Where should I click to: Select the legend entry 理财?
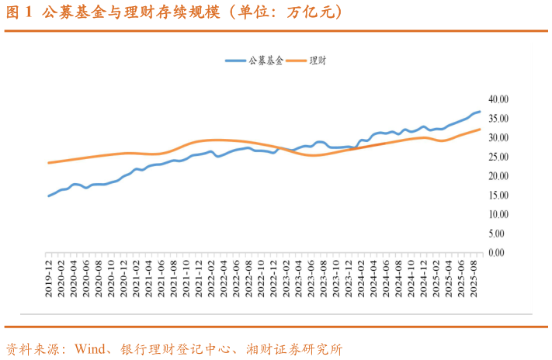point(318,61)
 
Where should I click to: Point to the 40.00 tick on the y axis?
point(498,99)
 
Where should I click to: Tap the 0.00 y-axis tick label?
point(500,252)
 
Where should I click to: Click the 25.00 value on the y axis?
point(498,157)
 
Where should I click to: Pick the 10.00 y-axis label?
point(498,214)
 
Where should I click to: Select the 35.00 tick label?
point(498,119)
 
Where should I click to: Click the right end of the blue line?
point(480,112)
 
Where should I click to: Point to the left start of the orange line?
point(49,163)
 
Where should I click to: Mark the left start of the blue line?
point(49,196)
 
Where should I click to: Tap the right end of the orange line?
point(480,130)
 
